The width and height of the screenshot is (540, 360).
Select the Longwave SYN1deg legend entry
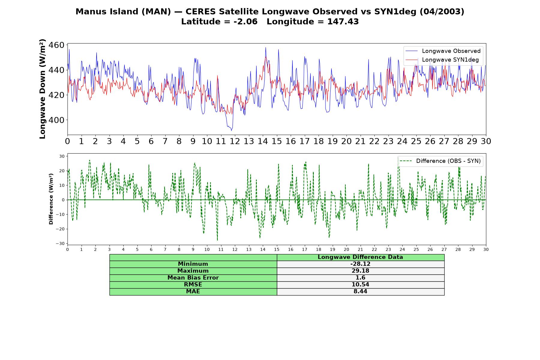coord(442,60)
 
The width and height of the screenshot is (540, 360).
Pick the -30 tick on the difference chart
coord(60,244)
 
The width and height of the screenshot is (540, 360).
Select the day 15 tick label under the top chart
coord(277,141)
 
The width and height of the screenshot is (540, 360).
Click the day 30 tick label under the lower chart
coord(486,250)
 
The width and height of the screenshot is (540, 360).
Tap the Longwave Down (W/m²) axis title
coord(42,89)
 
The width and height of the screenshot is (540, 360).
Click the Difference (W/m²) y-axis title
coord(51,199)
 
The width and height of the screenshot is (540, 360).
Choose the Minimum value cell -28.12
coord(360,264)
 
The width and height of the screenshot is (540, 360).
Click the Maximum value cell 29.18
coord(360,271)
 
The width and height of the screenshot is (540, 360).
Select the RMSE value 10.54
coord(360,285)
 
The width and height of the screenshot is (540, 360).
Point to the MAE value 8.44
coord(360,292)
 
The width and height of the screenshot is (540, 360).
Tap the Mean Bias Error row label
coord(193,278)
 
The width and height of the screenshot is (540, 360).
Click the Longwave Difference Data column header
coord(360,257)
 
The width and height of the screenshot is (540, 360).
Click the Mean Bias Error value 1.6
coord(360,278)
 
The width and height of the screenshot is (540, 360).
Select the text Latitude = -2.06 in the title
coord(219,22)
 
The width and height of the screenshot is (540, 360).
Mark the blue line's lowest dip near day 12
coord(231,130)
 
